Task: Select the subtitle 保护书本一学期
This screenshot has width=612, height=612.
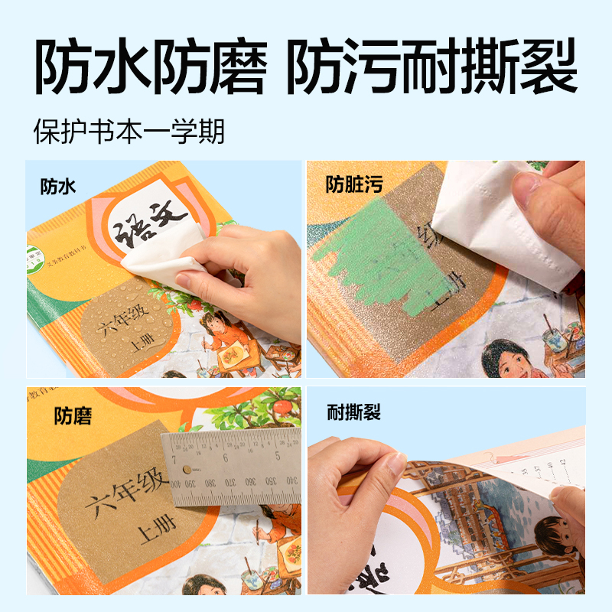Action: [x=129, y=131]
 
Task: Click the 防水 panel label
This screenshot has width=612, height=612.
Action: [x=58, y=186]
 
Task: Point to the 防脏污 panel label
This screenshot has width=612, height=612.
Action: [x=354, y=184]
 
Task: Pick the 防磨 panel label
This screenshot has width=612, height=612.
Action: [x=73, y=416]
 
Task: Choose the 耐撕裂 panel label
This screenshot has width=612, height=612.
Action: [x=353, y=414]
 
